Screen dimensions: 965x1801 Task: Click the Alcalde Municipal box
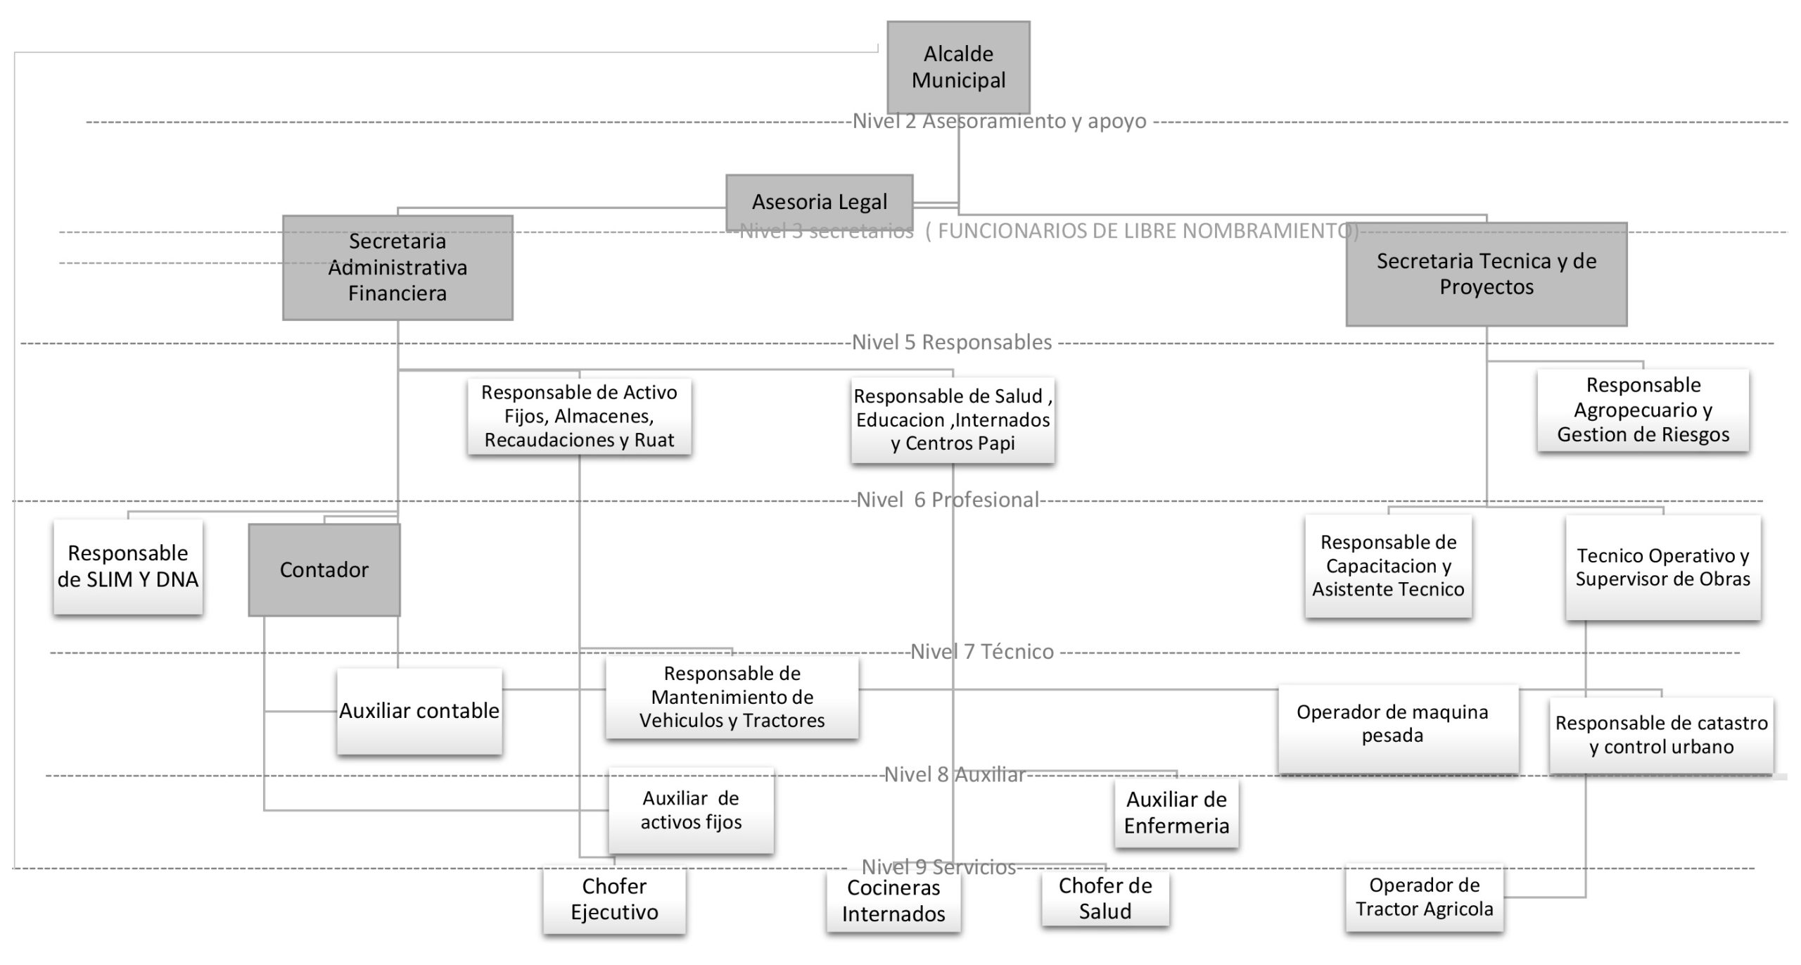(958, 67)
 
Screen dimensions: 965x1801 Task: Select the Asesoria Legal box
(819, 202)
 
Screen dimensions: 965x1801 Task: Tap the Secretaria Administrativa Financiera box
(397, 267)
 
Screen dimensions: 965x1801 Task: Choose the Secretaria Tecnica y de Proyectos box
(1486, 274)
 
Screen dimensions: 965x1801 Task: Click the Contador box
(324, 569)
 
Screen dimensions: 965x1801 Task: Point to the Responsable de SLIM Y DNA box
(128, 567)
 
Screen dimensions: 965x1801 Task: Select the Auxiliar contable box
(419, 711)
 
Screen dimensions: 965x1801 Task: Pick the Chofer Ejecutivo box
(614, 899)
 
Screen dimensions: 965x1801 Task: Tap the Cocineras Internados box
(893, 900)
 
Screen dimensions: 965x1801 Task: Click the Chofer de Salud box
(1105, 898)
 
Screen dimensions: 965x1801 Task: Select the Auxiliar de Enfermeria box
(1176, 812)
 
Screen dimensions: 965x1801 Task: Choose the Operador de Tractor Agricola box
(1424, 897)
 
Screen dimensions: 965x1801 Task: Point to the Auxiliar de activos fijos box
(691, 810)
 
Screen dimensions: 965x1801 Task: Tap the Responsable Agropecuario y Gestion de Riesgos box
(1643, 410)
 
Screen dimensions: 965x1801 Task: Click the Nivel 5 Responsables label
(952, 343)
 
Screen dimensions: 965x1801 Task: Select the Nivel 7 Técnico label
(982, 652)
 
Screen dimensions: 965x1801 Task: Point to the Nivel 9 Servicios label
(938, 866)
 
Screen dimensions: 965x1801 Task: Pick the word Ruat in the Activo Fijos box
(654, 440)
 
